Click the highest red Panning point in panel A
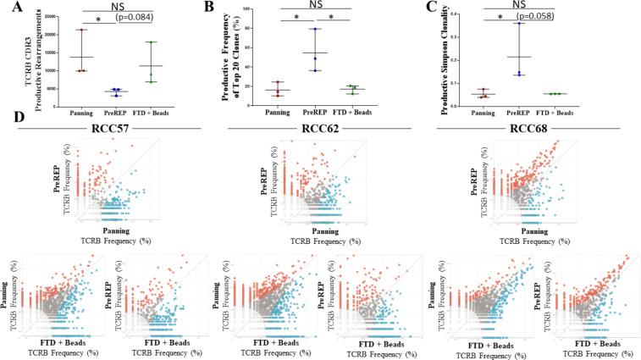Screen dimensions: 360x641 [x=81, y=30]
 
